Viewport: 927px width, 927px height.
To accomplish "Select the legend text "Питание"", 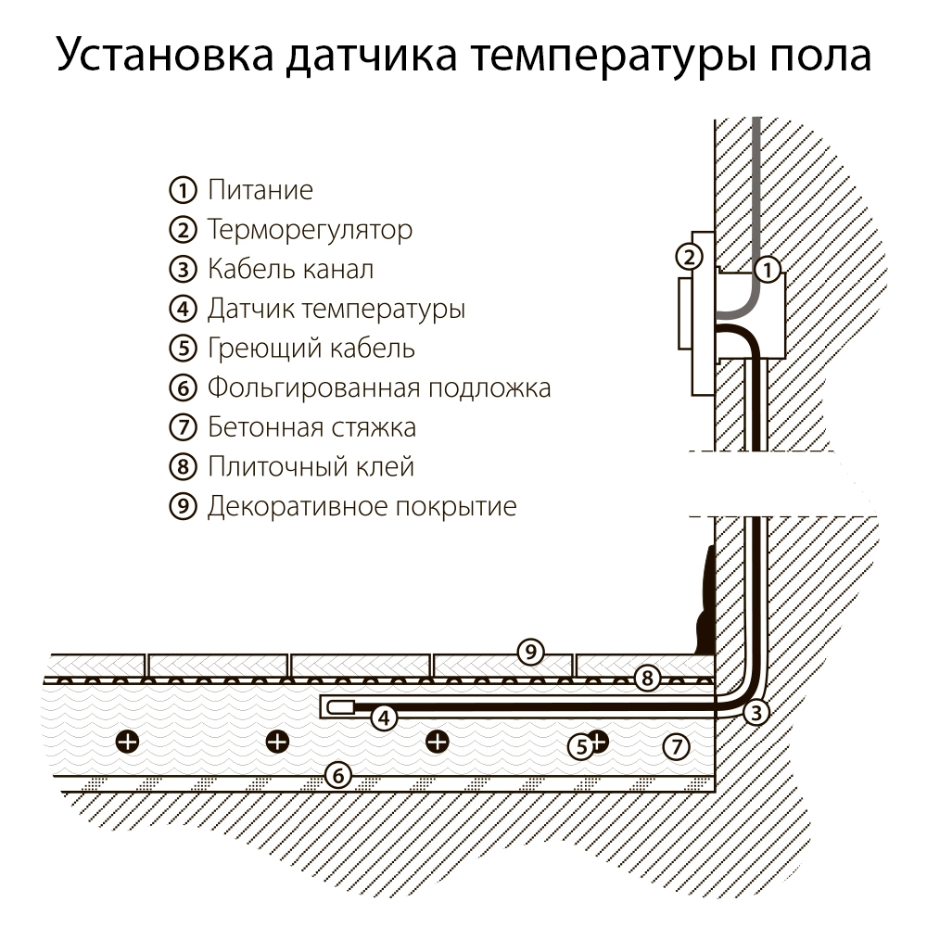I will (x=260, y=191).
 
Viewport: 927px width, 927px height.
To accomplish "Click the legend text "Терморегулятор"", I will (x=310, y=230).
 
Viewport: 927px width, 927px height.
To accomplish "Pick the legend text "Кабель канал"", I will (x=290, y=270).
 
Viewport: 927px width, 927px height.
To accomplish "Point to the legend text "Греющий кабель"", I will (x=311, y=349).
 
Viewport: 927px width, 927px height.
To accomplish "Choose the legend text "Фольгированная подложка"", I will (x=379, y=387).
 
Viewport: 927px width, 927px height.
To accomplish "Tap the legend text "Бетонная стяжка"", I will (x=311, y=427).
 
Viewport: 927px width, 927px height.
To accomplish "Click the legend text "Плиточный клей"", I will (x=311, y=466).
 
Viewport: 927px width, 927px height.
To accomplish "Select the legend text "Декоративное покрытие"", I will (x=362, y=506).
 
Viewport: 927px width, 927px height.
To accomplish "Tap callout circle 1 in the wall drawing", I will (x=768, y=271).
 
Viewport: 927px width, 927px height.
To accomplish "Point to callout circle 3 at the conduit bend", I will (x=756, y=712).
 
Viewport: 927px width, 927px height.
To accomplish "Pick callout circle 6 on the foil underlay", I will (x=339, y=775).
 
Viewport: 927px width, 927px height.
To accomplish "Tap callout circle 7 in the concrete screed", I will (x=677, y=744).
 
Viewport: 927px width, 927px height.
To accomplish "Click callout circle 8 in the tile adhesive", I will (x=648, y=678).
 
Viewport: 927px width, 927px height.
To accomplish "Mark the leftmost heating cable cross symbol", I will (x=128, y=741).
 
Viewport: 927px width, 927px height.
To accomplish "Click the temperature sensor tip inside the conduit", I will (x=339, y=707).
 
